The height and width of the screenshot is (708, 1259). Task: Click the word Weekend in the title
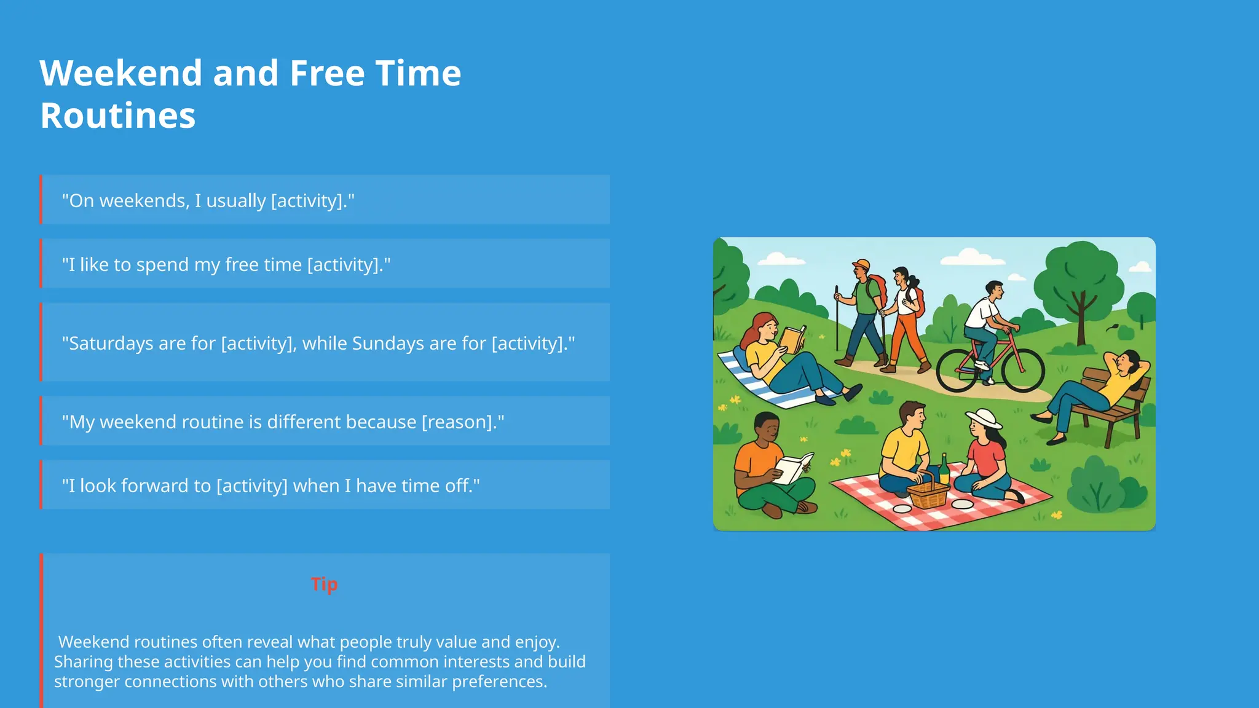(120, 73)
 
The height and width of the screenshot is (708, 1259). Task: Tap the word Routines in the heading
(117, 116)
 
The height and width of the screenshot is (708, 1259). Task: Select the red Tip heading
(324, 584)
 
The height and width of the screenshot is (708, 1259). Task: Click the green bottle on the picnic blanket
(944, 470)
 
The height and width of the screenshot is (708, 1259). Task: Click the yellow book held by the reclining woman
(792, 339)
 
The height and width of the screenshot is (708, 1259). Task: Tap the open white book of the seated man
(794, 468)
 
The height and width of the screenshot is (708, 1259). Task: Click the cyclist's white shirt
(982, 313)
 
